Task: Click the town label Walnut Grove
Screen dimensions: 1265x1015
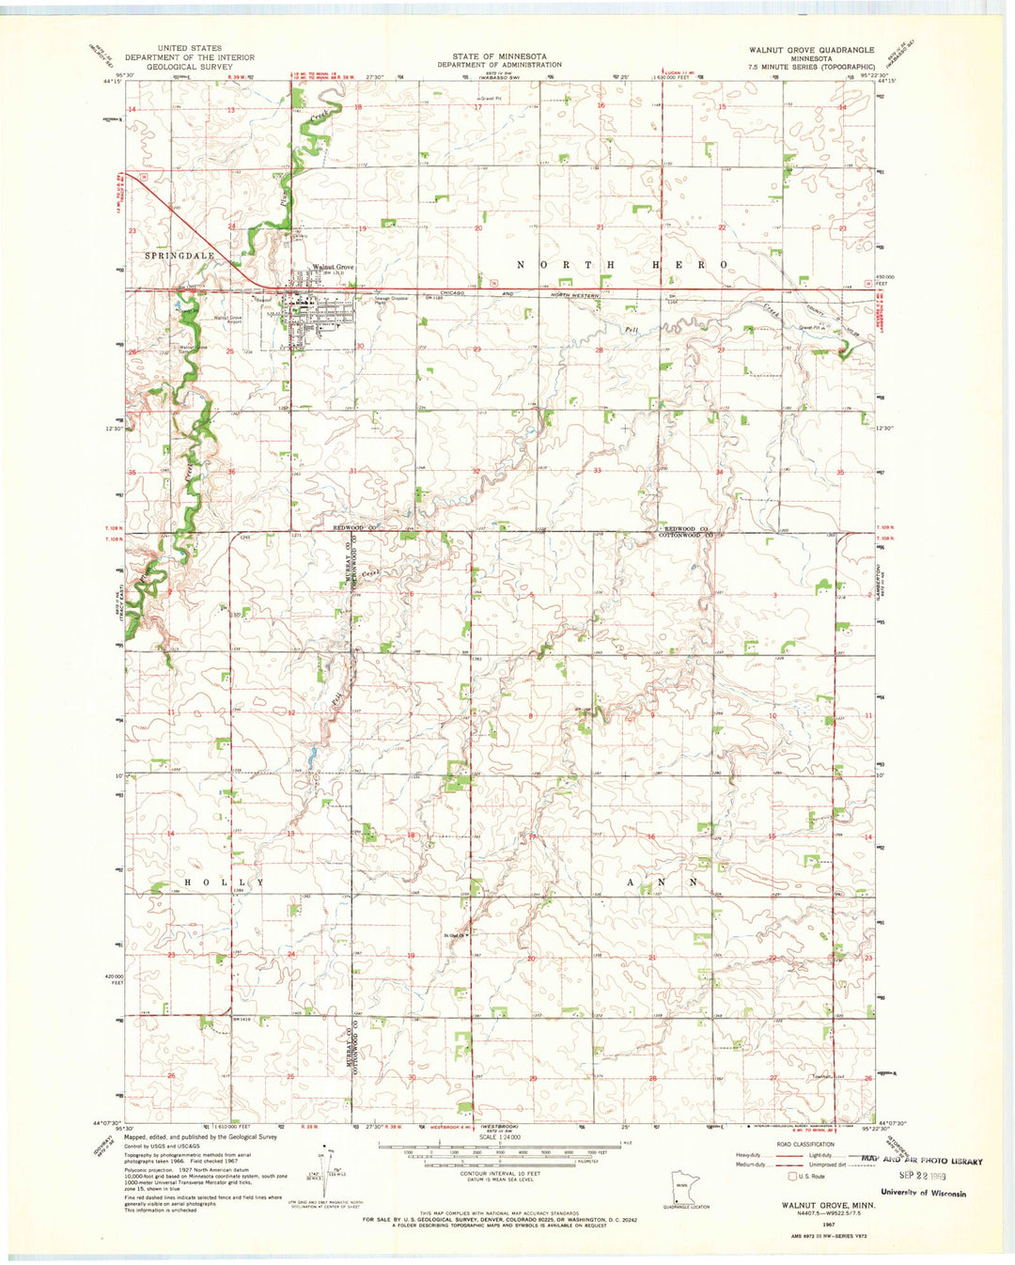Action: coord(333,267)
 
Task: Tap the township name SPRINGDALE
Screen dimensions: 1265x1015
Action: coord(180,256)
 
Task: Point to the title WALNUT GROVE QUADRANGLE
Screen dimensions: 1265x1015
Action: coord(810,50)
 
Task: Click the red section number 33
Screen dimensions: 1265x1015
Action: coord(598,471)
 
